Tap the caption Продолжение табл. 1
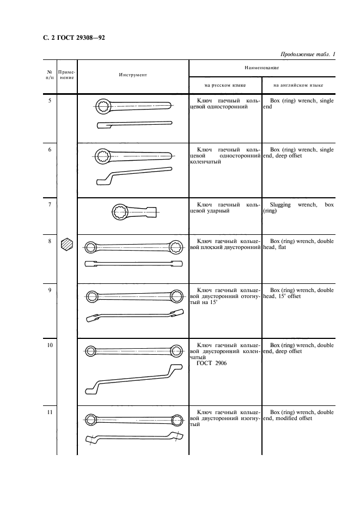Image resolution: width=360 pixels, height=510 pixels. [x=307, y=54]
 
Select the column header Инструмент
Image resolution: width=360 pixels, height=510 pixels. [x=133, y=75]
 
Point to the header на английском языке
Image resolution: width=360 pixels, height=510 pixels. [x=298, y=85]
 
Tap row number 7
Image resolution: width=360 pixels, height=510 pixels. [x=50, y=205]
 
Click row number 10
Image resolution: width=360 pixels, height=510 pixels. [x=50, y=345]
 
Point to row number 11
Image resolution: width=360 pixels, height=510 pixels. [x=50, y=412]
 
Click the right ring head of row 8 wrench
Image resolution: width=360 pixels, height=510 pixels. [x=176, y=247]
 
